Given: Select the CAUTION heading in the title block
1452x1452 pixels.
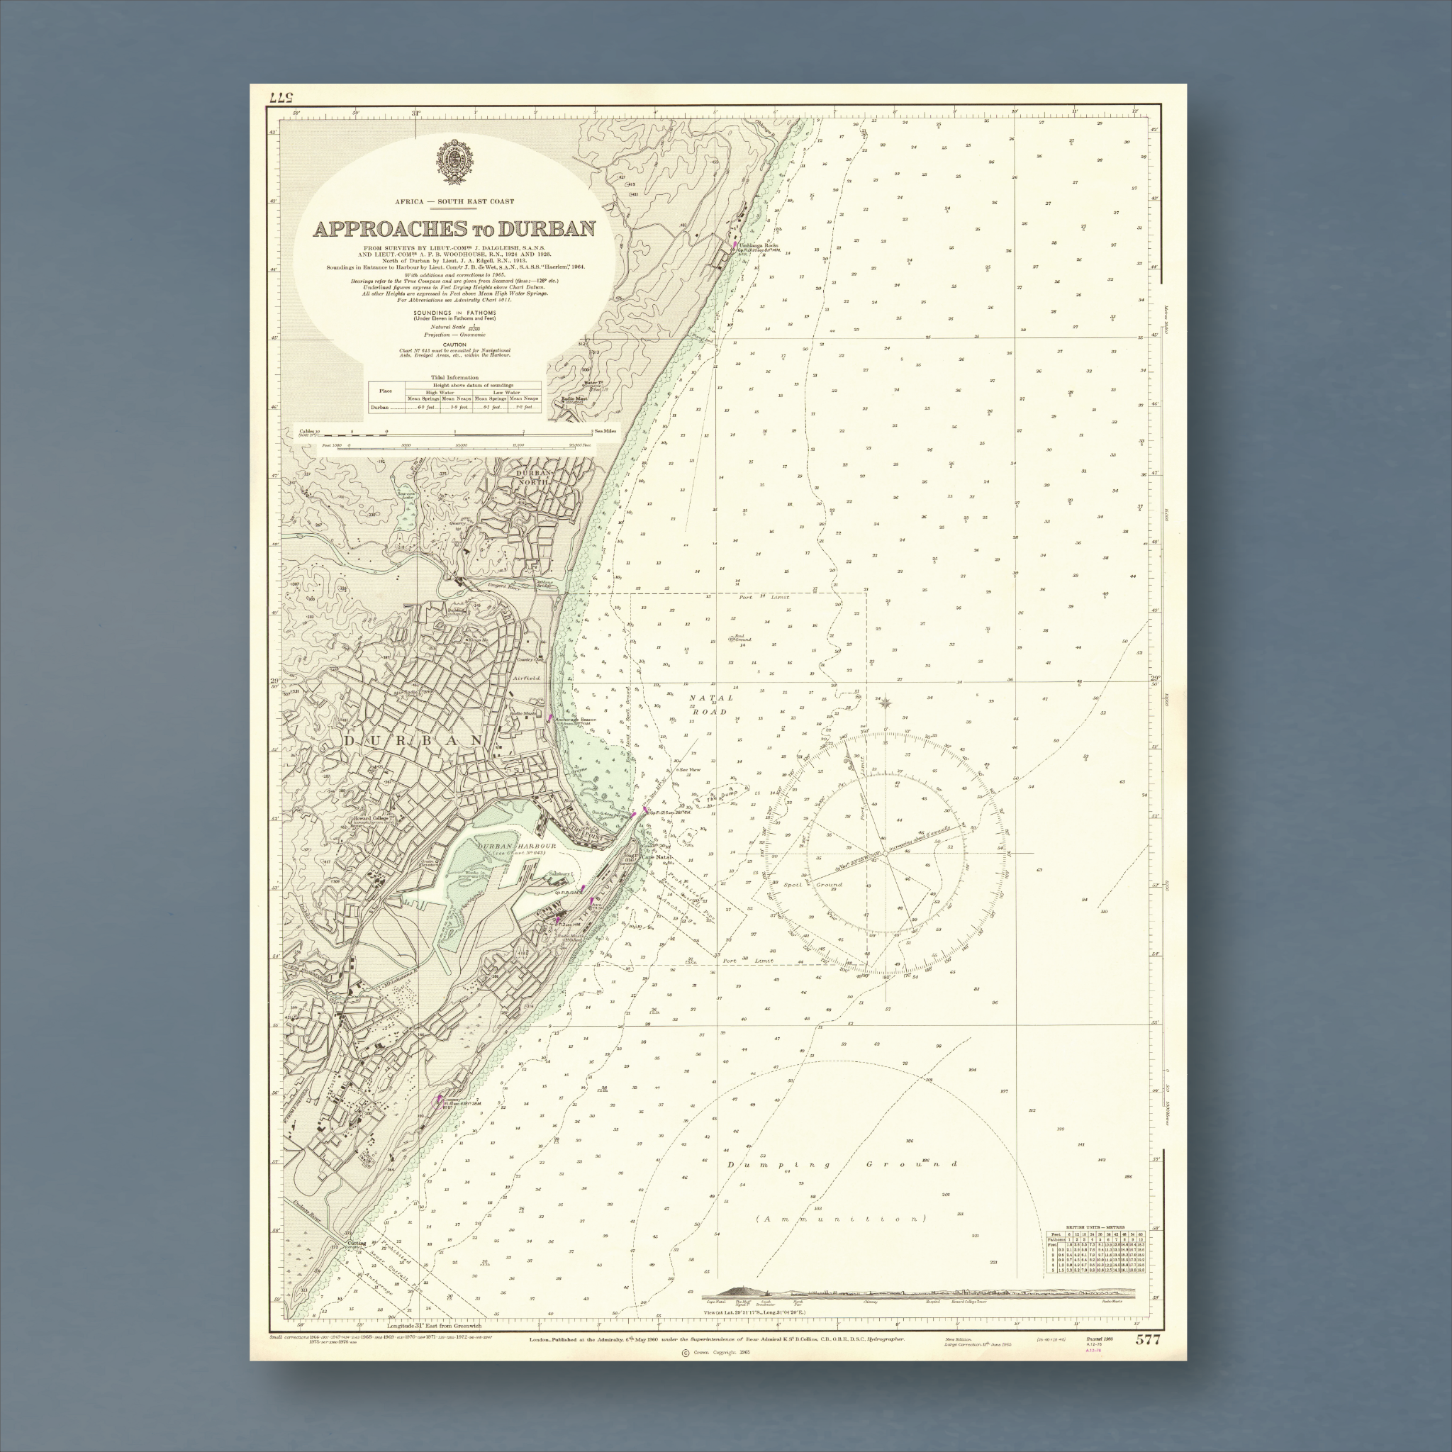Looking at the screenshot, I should (454, 344).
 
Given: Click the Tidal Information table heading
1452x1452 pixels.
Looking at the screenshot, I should (454, 377).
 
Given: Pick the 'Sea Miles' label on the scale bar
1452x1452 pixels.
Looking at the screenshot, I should (605, 430).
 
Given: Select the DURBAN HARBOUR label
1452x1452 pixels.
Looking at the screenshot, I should (517, 847).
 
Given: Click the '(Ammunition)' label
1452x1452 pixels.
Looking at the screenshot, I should (841, 1218).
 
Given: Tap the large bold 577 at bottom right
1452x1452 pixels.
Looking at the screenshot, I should (1149, 1339).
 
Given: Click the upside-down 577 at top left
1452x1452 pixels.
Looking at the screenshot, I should (279, 97).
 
